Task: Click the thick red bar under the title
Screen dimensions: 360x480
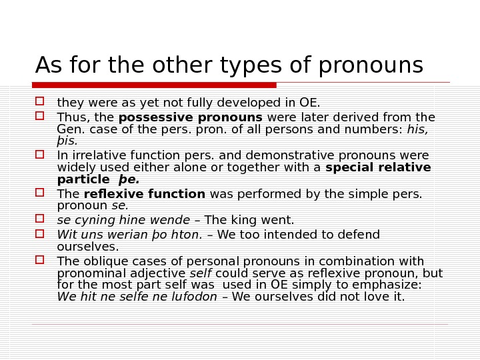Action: click(x=154, y=85)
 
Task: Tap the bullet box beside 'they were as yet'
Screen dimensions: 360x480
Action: click(x=39, y=101)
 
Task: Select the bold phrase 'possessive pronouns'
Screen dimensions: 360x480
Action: click(x=190, y=118)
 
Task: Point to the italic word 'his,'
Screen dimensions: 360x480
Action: click(x=417, y=129)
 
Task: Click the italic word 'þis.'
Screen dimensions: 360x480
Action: click(x=67, y=141)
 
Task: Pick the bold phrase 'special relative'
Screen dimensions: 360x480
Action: click(x=378, y=167)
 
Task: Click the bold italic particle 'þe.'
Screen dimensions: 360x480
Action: click(x=129, y=179)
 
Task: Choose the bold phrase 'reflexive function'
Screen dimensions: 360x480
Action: click(x=145, y=194)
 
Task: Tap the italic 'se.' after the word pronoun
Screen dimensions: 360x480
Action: click(x=120, y=206)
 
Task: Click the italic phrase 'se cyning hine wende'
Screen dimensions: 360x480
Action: click(x=123, y=220)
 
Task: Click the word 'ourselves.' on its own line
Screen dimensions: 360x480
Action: click(x=88, y=247)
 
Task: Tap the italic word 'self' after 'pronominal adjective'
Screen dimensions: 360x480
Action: click(x=201, y=273)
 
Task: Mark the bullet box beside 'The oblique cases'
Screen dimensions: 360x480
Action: click(x=39, y=260)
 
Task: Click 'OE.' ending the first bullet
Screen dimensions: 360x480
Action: click(x=309, y=103)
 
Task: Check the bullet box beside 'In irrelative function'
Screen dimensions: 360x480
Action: click(x=39, y=154)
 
